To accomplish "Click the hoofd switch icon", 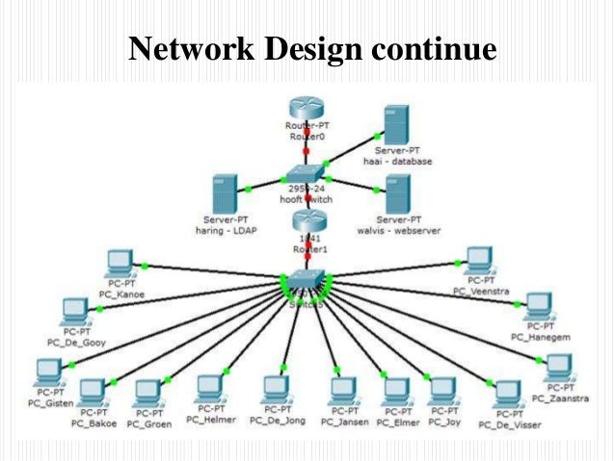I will (x=307, y=174).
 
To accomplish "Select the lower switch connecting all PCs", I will (x=307, y=282).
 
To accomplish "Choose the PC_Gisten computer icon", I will (x=47, y=371).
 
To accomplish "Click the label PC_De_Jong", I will (x=278, y=420).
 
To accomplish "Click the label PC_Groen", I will (x=148, y=423).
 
